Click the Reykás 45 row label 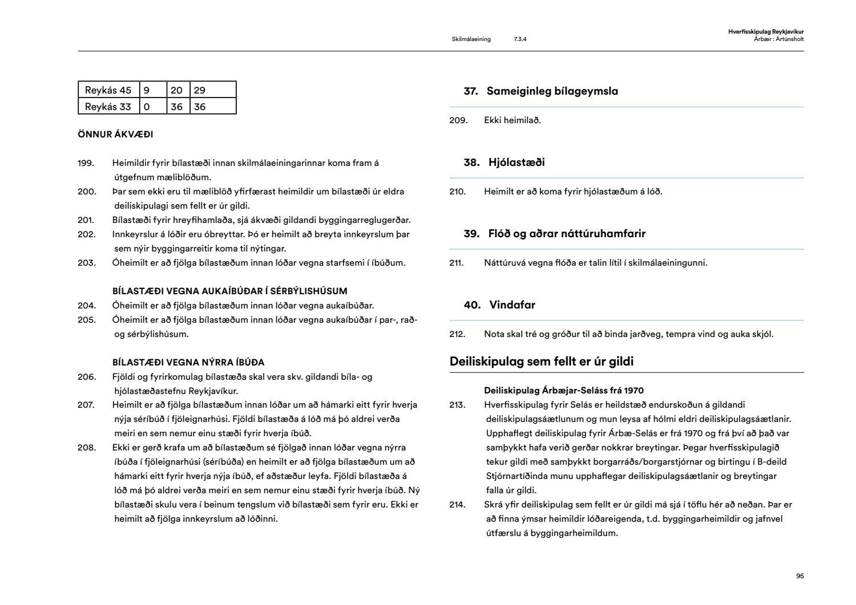pos(108,90)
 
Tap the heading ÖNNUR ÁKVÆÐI pos(115,135)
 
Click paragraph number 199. pos(86,163)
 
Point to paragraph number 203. pos(86,263)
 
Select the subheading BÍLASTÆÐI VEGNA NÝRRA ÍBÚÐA pos(188,362)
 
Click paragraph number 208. pos(86,448)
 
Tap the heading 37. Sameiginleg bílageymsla pos(540,91)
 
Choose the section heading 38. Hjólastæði pos(504,163)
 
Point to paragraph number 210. pos(458,192)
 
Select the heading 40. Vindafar pos(499,305)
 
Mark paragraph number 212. pos(458,334)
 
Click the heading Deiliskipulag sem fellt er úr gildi pos(541,362)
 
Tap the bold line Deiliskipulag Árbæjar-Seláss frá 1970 pos(564,391)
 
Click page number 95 pos(800,576)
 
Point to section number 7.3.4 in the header pos(520,39)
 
